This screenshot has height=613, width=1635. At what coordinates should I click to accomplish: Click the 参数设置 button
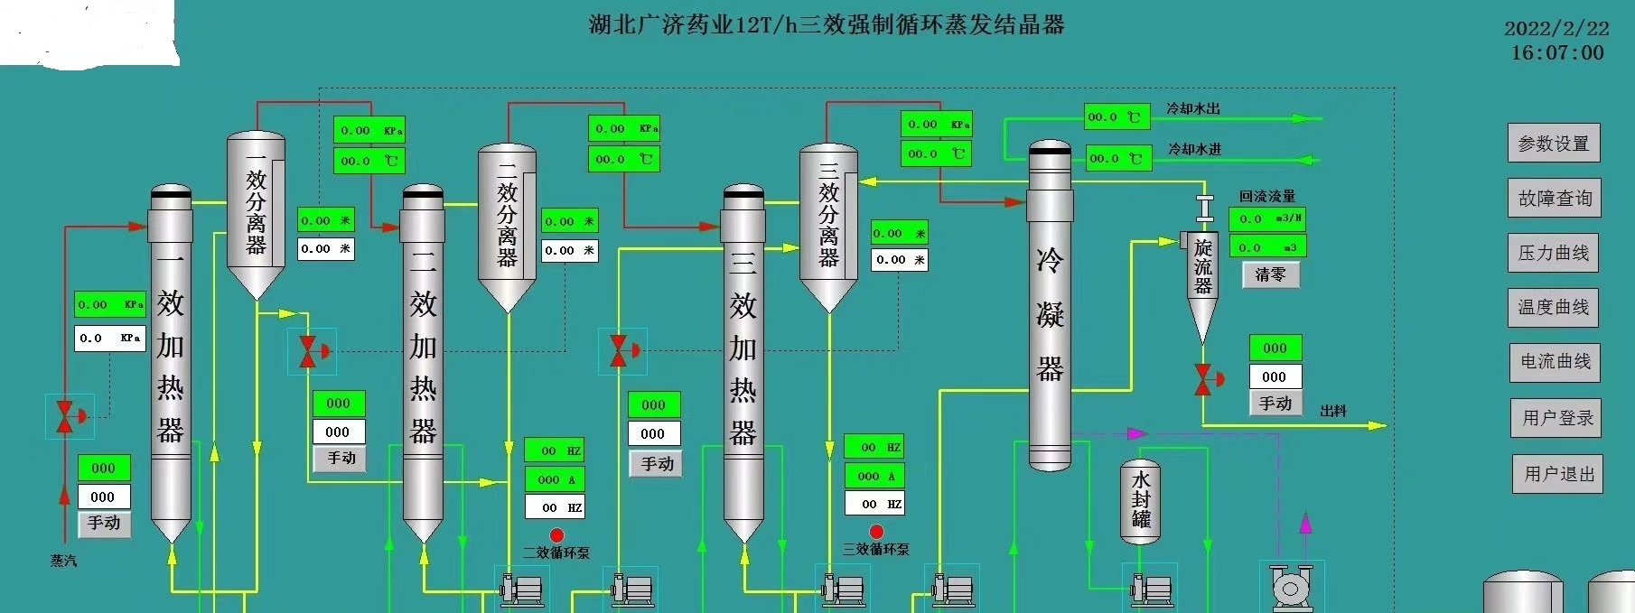1553,144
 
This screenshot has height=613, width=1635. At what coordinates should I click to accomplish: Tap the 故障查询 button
1554,199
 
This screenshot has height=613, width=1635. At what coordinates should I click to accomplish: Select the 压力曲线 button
1553,253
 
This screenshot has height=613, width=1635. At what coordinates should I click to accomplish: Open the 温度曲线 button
1553,307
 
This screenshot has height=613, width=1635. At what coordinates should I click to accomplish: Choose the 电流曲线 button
1555,362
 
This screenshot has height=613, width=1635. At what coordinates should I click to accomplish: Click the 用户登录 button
1556,418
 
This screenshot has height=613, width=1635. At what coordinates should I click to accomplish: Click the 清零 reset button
1270,274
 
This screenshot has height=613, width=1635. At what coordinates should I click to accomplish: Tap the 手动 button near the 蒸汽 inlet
104,523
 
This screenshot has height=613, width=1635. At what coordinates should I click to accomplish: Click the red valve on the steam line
65,416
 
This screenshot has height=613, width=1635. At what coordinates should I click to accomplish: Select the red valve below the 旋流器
1203,379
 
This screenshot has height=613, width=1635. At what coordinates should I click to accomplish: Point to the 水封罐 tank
1140,501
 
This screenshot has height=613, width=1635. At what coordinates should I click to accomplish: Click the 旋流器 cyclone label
1202,266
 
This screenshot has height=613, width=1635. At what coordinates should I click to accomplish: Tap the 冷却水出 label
1192,108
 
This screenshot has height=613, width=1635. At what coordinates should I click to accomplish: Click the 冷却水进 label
1194,149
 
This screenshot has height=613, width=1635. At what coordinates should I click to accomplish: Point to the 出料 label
1333,411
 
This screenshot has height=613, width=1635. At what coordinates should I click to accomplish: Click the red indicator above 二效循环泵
556,535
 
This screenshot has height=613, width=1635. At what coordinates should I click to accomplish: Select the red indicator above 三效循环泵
875,532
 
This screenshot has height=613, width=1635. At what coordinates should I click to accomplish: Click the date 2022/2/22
1556,29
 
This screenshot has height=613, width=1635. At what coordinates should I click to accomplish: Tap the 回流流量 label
1266,196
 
